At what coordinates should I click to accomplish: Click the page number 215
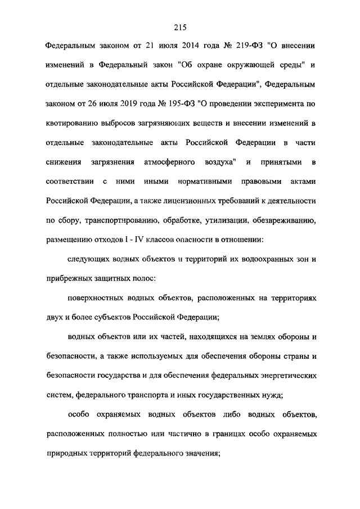[180, 27]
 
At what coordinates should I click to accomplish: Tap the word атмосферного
[170, 162]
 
